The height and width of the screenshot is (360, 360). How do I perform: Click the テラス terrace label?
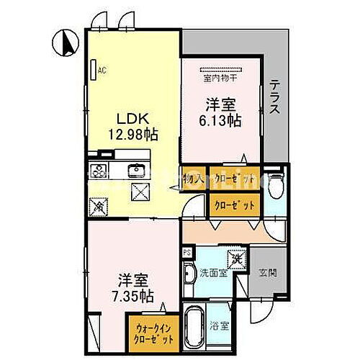[275, 96]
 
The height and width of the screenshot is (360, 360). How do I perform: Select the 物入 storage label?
[192, 177]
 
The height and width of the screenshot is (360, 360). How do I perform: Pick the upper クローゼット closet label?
[234, 177]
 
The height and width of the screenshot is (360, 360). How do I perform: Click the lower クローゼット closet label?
[233, 204]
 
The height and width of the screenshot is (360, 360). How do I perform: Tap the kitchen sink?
[135, 171]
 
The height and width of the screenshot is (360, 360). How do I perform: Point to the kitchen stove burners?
[99, 171]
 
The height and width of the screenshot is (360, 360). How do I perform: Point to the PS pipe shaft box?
[186, 253]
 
